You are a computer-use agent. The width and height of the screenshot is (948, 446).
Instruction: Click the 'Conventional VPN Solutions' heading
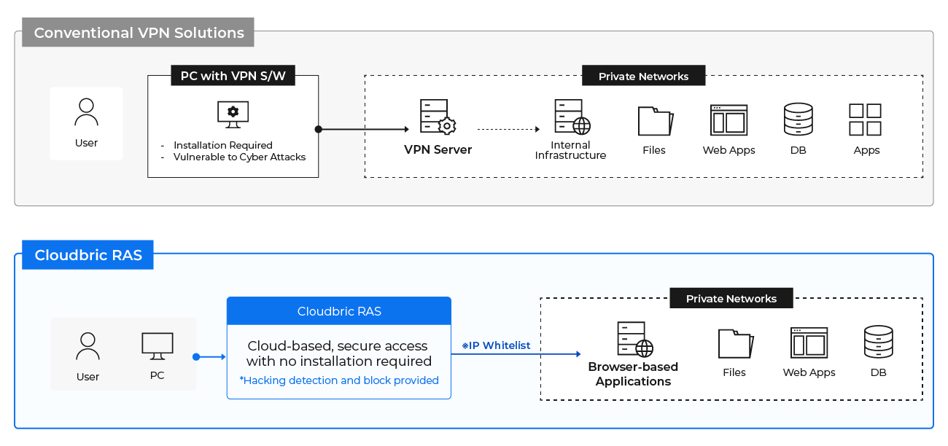pyautogui.click(x=139, y=33)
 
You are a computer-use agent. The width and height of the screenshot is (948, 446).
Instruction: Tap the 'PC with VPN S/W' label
pyautogui.click(x=233, y=76)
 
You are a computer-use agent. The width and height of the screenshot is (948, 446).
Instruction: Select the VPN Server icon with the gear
pyautogui.click(x=438, y=117)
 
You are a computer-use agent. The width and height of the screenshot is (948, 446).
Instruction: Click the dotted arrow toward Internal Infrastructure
pyautogui.click(x=508, y=129)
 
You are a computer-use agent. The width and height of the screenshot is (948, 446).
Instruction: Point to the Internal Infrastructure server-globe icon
pyautogui.click(x=572, y=117)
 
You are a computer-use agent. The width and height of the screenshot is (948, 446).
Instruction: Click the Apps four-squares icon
pyautogui.click(x=865, y=120)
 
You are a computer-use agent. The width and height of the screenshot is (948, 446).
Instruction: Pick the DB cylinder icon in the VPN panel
pyautogui.click(x=799, y=120)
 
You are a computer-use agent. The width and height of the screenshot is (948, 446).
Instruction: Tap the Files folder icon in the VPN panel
pyautogui.click(x=655, y=121)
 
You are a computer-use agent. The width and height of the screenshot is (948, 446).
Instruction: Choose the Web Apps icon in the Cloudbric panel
pyautogui.click(x=809, y=343)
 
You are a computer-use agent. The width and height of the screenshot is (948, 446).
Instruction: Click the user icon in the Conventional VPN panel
pyautogui.click(x=86, y=112)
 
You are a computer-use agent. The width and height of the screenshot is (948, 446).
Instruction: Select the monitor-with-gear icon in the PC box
pyautogui.click(x=233, y=114)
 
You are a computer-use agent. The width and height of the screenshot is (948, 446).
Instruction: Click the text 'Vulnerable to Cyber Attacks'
pyautogui.click(x=239, y=157)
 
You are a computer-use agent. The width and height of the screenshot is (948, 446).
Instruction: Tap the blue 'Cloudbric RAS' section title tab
pyautogui.click(x=88, y=255)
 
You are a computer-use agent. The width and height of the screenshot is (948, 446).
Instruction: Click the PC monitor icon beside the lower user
pyautogui.click(x=158, y=346)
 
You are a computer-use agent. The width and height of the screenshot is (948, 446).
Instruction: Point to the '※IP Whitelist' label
pyautogui.click(x=496, y=345)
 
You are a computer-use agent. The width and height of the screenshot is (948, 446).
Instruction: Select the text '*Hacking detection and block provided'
pyautogui.click(x=339, y=380)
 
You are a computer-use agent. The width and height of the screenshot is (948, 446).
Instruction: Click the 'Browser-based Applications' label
pyautogui.click(x=633, y=374)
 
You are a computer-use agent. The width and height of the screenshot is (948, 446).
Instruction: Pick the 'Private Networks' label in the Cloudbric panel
pyautogui.click(x=731, y=299)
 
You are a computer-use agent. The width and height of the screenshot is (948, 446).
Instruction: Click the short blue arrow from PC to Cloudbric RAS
pyautogui.click(x=209, y=357)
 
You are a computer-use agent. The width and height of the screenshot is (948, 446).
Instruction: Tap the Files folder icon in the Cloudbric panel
pyautogui.click(x=736, y=344)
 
